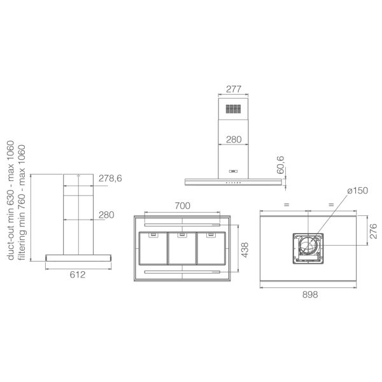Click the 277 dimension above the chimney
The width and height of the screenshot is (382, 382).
tap(234, 89)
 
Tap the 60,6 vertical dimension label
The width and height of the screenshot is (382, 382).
tap(280, 165)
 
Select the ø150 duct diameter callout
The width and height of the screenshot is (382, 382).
tap(358, 190)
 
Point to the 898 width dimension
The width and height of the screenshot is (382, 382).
tap(310, 295)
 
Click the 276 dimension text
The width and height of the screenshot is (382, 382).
tap(373, 231)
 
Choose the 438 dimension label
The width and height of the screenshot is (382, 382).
tap(244, 250)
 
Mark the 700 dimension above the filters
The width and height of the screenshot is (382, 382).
tap(182, 206)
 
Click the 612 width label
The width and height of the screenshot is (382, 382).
tap(78, 275)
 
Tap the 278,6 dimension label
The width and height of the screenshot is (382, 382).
tap(110, 178)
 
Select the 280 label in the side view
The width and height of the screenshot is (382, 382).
tap(106, 215)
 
